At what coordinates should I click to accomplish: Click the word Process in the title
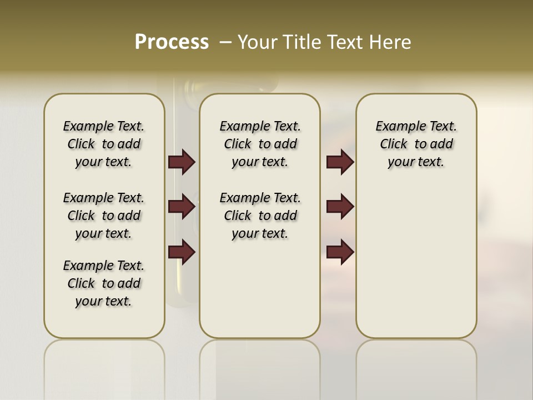[x=172, y=42]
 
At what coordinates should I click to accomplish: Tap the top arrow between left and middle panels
[x=182, y=162]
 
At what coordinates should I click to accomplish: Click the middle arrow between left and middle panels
[x=182, y=207]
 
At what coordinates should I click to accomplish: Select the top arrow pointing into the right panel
[x=340, y=162]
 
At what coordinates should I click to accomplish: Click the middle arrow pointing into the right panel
[x=340, y=207]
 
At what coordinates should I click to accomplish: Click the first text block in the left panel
[x=104, y=144]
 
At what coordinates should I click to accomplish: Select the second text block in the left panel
[x=104, y=216]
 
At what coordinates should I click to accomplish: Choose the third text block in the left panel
[x=104, y=283]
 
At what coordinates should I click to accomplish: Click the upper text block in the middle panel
[x=260, y=144]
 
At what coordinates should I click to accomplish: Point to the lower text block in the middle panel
[x=260, y=216]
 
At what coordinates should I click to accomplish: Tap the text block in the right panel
[x=416, y=144]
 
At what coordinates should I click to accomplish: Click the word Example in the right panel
[x=396, y=127]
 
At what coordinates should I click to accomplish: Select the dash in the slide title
[x=226, y=42]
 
